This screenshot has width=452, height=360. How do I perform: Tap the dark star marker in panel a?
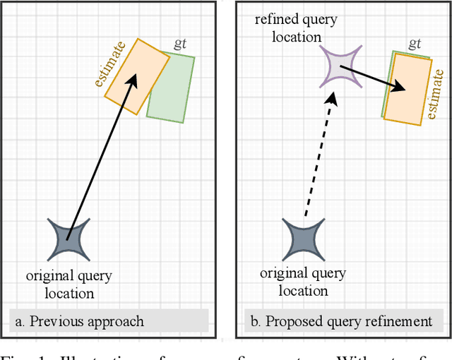[69, 239]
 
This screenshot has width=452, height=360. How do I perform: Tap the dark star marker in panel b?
[304, 239]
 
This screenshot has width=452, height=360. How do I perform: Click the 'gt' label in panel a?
[180, 44]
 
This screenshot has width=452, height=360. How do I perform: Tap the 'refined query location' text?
[287, 27]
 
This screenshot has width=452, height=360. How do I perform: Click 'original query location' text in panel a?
[69, 284]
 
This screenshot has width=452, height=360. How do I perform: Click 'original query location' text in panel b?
[304, 282]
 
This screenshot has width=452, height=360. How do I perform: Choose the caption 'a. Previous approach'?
[79, 321]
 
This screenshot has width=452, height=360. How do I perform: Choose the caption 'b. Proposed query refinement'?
[341, 321]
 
